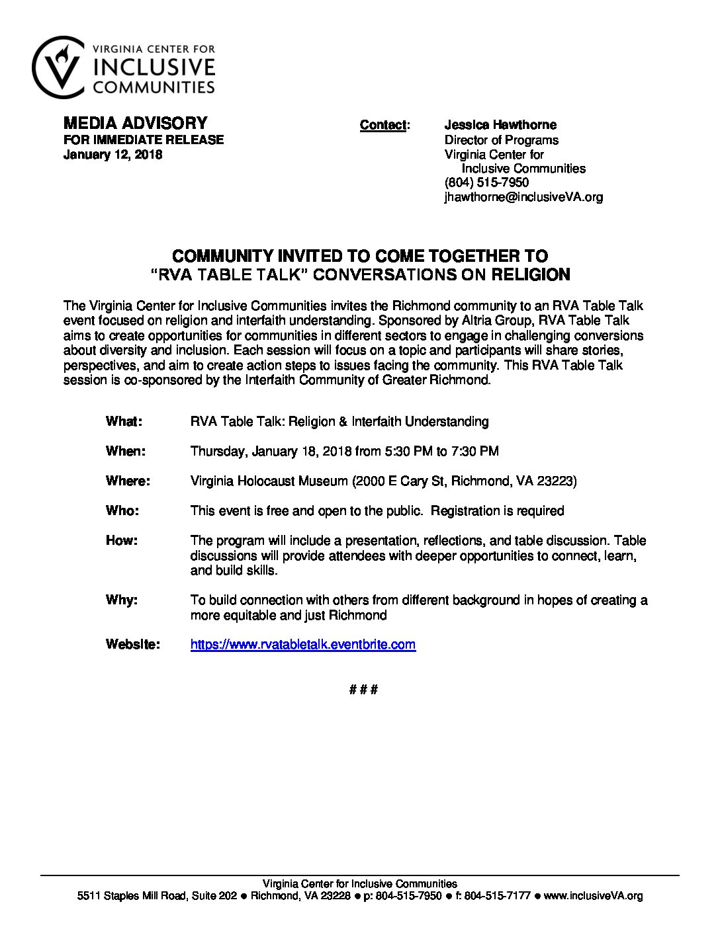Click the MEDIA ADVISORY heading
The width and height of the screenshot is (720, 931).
click(x=135, y=123)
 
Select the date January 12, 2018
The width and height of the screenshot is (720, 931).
click(x=112, y=155)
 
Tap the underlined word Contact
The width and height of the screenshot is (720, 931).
click(x=382, y=125)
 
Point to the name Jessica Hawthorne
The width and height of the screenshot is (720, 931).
click(x=500, y=125)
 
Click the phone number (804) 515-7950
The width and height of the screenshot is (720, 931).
click(x=486, y=182)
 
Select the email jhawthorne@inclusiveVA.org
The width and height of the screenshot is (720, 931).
click(x=523, y=197)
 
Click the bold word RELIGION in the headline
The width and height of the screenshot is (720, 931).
click(x=530, y=274)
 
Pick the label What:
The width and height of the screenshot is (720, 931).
click(x=124, y=421)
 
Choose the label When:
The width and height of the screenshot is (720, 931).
click(x=125, y=451)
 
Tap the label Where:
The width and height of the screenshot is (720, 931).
click(x=128, y=481)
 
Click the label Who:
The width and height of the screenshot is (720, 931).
click(x=122, y=510)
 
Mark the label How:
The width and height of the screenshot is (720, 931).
click(x=122, y=540)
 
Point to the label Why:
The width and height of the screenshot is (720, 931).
click(x=122, y=600)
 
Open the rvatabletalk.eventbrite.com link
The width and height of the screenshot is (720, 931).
click(x=303, y=644)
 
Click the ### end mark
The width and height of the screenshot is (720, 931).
click(x=363, y=690)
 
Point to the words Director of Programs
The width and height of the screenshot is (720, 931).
click(x=501, y=140)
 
